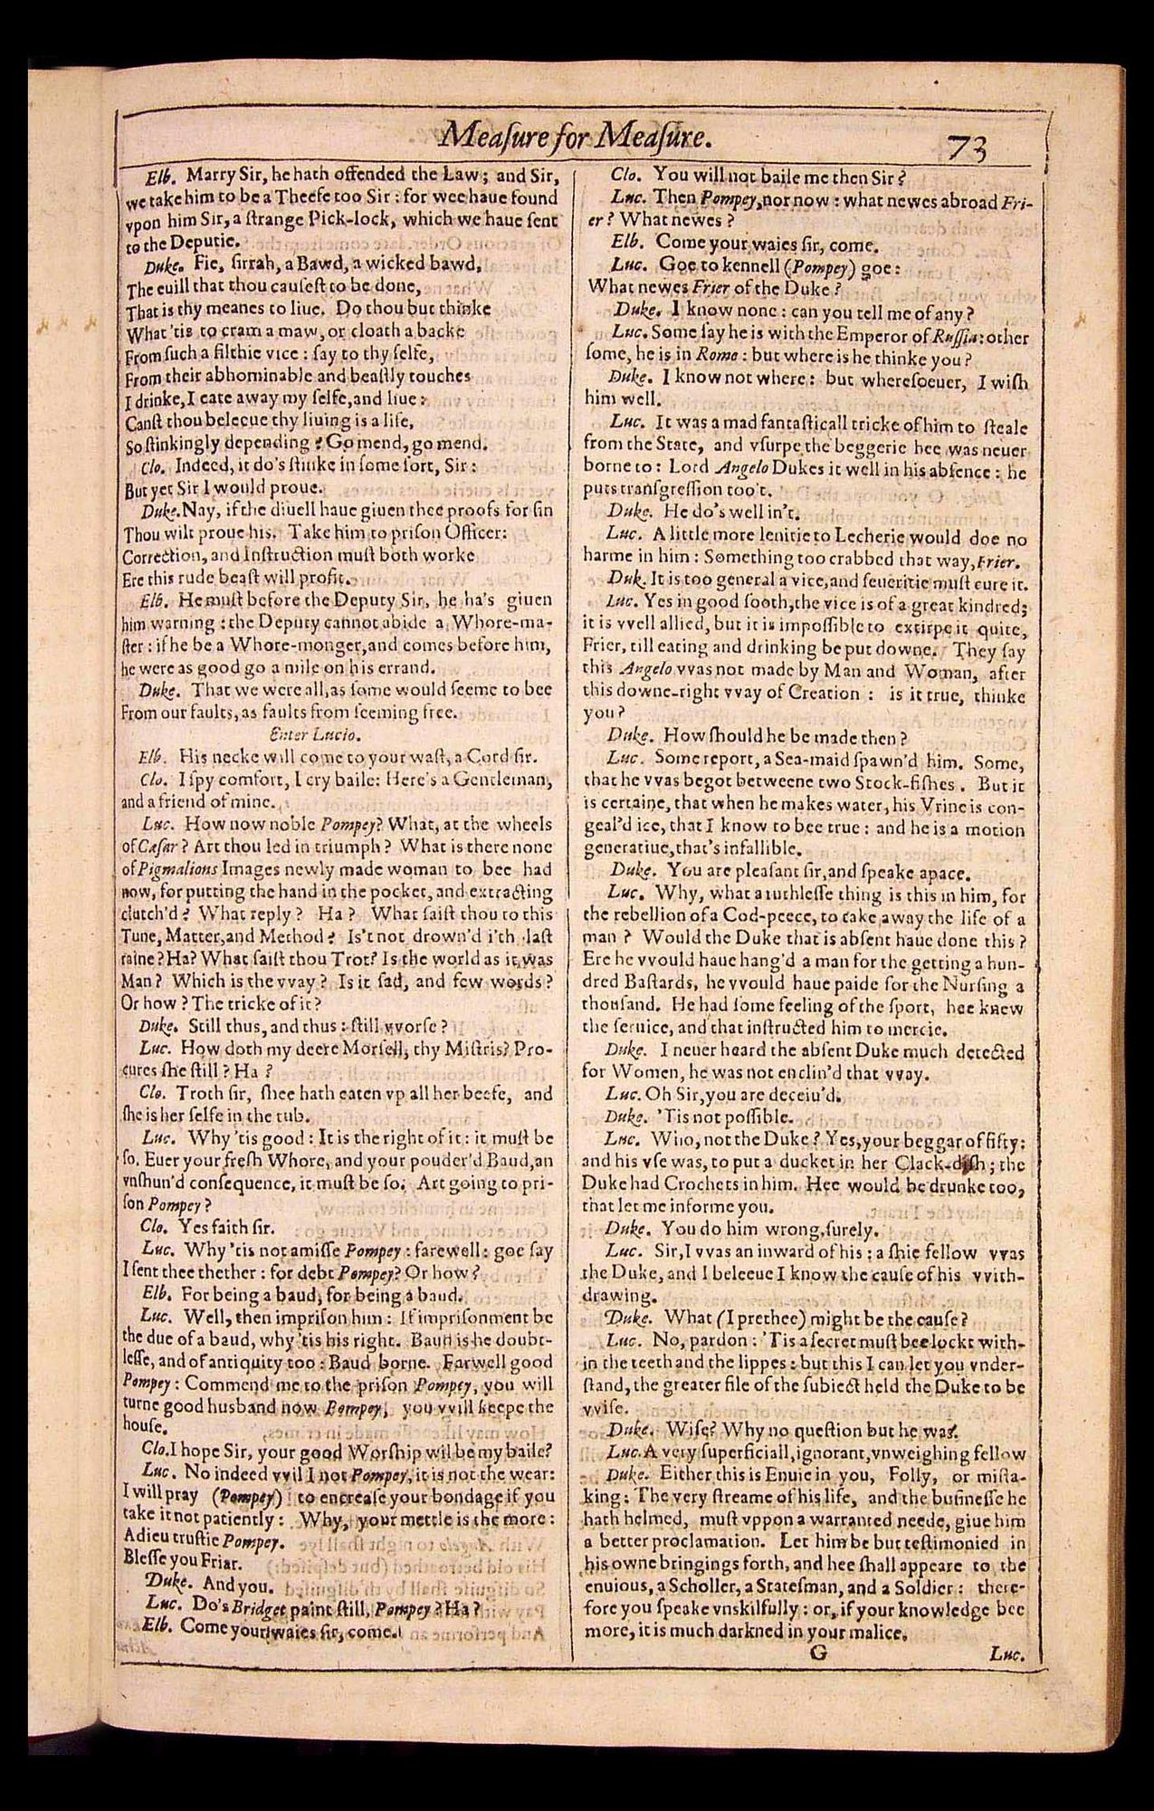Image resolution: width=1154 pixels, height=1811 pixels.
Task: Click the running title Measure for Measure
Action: [x=570, y=139]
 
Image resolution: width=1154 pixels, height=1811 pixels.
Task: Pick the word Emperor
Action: [x=805, y=335]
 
